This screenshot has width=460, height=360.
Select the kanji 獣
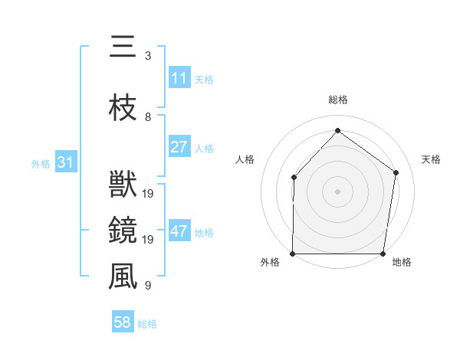pyautogui.click(x=123, y=185)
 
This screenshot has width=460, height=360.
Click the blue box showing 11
pyautogui.click(x=179, y=78)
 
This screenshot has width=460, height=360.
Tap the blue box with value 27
pyautogui.click(x=179, y=147)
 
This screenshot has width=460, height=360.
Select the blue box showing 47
pyautogui.click(x=179, y=231)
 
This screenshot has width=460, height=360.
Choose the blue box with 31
pyautogui.click(x=66, y=162)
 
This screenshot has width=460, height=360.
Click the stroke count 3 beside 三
pyautogui.click(x=148, y=56)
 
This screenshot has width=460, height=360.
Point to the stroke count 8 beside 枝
pyautogui.click(x=148, y=117)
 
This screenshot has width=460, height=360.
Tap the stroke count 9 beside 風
pyautogui.click(x=148, y=286)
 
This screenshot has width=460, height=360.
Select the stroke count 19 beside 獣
pyautogui.click(x=149, y=194)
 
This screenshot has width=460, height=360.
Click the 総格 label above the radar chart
pyautogui.click(x=338, y=100)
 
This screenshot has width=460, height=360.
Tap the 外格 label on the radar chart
pyautogui.click(x=270, y=263)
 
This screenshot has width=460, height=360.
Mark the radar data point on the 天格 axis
pyautogui.click(x=396, y=172)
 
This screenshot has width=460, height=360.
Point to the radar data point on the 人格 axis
pyautogui.click(x=294, y=177)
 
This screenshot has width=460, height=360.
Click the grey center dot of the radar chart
pyautogui.click(x=337, y=191)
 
